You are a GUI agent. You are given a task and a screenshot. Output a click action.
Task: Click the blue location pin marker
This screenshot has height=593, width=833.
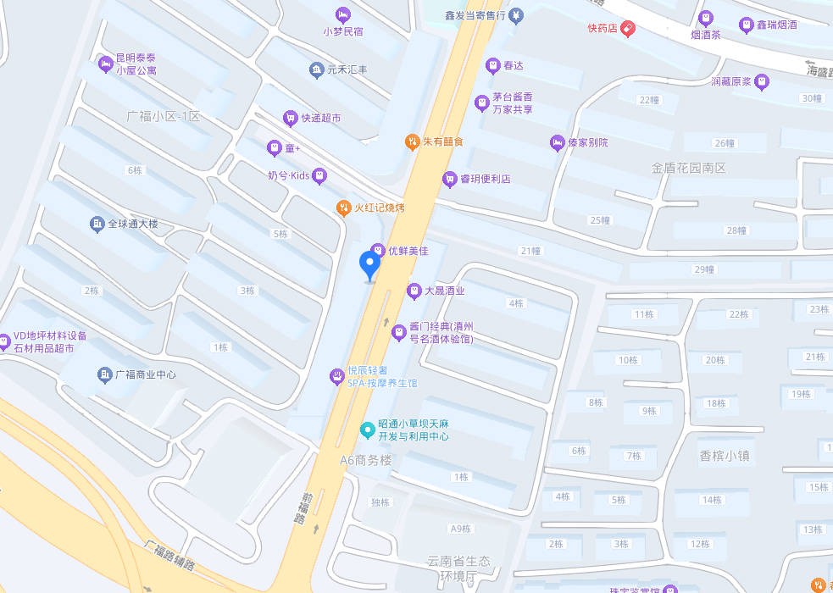point(369,265)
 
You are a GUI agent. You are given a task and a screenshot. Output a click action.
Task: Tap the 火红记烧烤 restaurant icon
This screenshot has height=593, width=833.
point(344,208)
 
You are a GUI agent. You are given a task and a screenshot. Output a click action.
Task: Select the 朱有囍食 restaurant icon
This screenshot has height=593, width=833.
point(412,141)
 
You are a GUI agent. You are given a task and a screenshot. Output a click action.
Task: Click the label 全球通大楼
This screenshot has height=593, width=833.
point(133,224)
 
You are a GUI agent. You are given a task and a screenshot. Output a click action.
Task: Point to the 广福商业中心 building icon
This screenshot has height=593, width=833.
point(105,374)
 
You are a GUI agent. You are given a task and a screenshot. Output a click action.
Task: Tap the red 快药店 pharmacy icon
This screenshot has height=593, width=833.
point(627,29)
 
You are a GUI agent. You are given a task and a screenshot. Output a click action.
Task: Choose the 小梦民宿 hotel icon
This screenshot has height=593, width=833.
point(342,14)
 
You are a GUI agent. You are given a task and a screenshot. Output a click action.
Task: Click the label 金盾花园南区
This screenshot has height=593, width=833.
point(689,169)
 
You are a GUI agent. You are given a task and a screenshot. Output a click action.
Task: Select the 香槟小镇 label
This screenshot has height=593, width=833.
point(725,455)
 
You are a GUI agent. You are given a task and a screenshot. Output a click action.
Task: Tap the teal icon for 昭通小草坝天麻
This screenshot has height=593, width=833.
point(367,430)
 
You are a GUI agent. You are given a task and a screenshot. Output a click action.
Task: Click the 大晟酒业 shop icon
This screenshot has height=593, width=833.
point(414,291)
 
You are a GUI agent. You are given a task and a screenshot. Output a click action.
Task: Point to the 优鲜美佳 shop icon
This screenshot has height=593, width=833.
point(378,251)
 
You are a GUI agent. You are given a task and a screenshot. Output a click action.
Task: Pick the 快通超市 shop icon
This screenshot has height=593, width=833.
point(291,119)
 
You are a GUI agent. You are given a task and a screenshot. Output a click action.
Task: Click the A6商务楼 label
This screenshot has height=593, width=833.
point(366,460)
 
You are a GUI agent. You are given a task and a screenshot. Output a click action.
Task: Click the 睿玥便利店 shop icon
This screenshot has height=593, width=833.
point(449,180)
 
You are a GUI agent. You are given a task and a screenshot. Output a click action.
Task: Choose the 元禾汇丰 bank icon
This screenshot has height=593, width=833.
point(316,69)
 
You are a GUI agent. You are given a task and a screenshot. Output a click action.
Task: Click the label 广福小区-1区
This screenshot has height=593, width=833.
point(164,116)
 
